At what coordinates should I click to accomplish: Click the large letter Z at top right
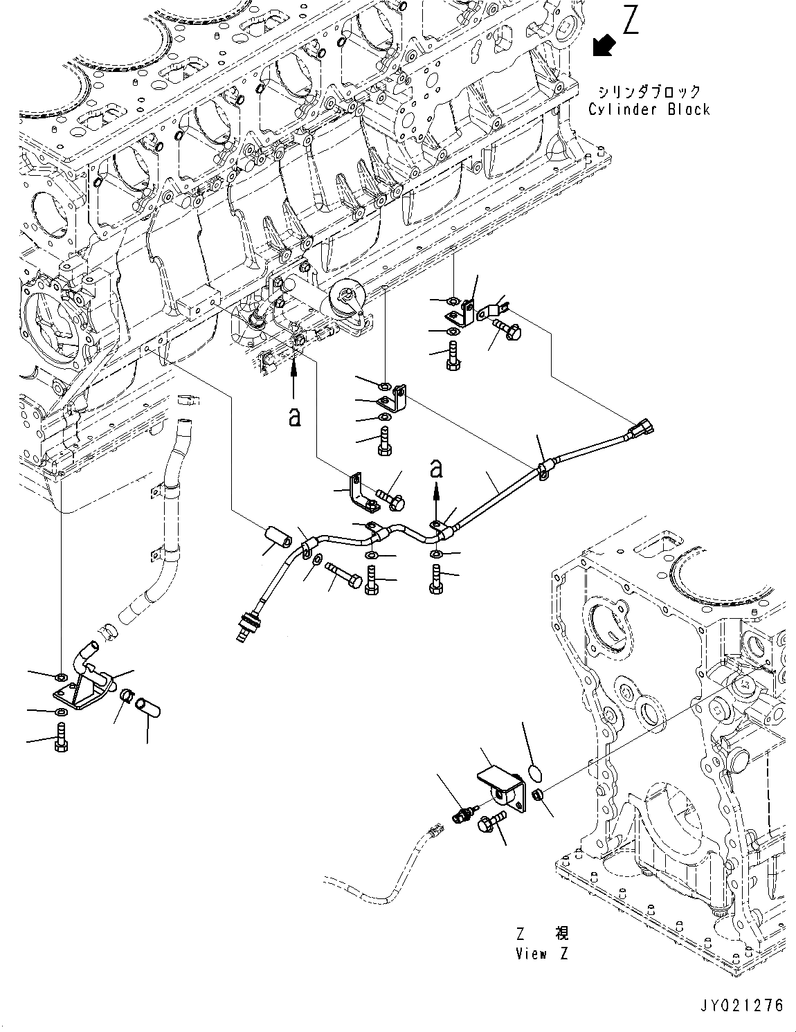click(631, 21)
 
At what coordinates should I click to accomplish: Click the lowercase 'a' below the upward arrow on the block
click(295, 417)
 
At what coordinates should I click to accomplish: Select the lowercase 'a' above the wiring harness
click(435, 469)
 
